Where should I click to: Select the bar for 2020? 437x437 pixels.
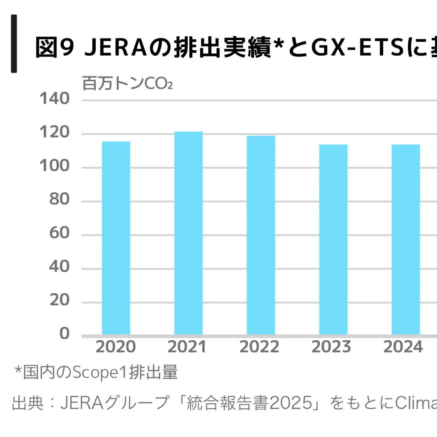pos(116,238)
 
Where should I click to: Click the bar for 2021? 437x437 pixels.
pos(188,233)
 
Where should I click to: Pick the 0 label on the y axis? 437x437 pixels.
pos(65,334)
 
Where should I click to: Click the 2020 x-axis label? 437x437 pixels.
pos(116,347)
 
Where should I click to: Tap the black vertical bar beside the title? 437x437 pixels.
pos(14,44)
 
